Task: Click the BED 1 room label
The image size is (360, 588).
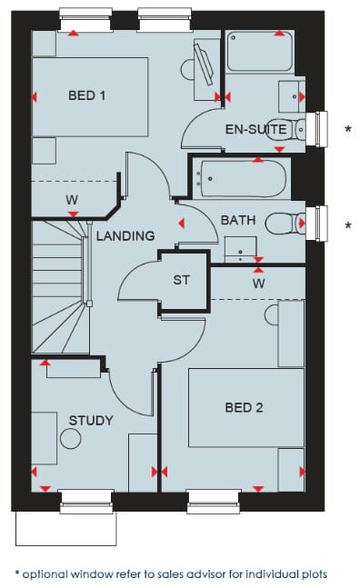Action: point(86,95)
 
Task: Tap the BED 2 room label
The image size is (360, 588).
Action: point(245,407)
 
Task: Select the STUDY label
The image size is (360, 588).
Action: point(91,421)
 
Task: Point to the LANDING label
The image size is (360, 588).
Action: point(125,235)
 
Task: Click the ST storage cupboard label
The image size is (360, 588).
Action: point(182,280)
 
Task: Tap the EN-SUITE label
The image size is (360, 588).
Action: point(256,129)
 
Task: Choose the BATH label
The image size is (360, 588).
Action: point(238,220)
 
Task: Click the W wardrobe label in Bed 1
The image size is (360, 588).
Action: point(72,200)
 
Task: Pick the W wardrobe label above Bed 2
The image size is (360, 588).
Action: point(259,284)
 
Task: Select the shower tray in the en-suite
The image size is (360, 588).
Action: point(260,52)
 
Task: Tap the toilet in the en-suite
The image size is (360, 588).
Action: point(286,130)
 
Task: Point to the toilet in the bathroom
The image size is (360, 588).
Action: point(285,224)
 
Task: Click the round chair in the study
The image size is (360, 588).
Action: point(71,438)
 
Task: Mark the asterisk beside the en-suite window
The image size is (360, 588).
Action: point(348,129)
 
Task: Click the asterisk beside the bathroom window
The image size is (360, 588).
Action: point(348,225)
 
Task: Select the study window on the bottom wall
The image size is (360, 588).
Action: point(86,501)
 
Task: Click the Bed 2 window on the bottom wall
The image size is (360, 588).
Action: point(214,501)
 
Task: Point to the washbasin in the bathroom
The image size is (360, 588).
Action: point(240,249)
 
